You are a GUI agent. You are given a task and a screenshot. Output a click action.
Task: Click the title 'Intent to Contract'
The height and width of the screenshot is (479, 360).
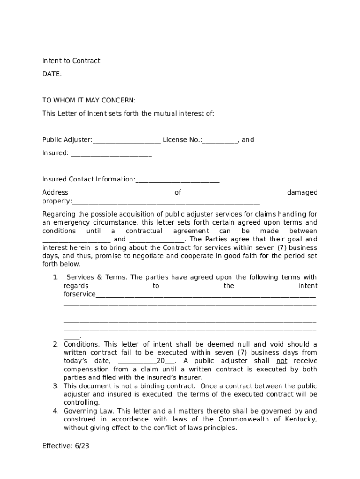tap(71, 61)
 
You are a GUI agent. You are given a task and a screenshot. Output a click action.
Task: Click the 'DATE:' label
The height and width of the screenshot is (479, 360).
tap(52, 74)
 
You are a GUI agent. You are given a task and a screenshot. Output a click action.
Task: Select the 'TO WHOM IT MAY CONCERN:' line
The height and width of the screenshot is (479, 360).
tap(89, 100)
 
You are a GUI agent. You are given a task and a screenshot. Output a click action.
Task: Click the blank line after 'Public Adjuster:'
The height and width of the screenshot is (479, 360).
tap(127, 140)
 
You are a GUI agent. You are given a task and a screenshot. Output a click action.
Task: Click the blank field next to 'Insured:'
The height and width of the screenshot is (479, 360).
tap(111, 153)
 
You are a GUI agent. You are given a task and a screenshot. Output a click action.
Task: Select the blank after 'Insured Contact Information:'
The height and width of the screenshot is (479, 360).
tap(177, 180)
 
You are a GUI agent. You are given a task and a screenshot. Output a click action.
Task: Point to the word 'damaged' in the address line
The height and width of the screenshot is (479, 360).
tap(302, 192)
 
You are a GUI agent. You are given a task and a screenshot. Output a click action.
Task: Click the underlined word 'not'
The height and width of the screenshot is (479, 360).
tap(282, 361)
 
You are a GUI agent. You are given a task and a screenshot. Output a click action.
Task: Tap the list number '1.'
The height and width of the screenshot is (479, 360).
tap(55, 277)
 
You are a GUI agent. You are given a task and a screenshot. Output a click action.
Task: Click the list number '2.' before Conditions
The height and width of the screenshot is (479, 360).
tap(55, 344)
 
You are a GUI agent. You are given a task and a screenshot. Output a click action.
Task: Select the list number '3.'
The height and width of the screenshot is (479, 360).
tap(55, 386)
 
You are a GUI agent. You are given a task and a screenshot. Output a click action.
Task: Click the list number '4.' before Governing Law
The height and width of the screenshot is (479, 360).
tap(55, 411)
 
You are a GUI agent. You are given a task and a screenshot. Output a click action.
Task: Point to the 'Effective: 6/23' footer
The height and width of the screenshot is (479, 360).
tap(65, 446)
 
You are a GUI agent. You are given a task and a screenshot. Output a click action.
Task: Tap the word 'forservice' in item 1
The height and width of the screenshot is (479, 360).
tap(79, 294)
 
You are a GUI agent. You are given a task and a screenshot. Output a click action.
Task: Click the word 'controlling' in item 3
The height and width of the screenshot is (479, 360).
tap(81, 403)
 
